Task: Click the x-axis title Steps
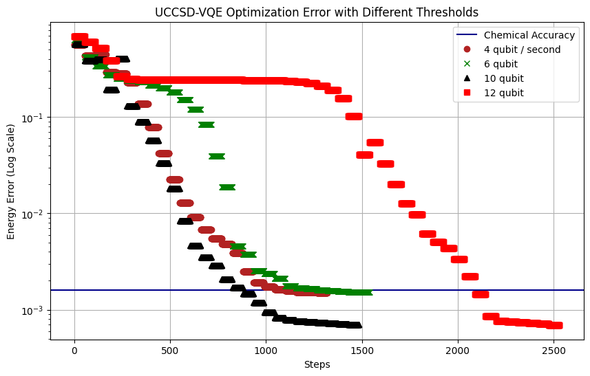coord(317,364)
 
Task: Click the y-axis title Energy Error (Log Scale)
coord(11,181)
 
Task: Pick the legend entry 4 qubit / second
coord(522,49)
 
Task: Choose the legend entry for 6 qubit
coord(503,64)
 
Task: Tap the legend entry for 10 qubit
coord(505,78)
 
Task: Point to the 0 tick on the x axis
coord(74,350)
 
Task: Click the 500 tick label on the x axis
coord(170,350)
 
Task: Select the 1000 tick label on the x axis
coord(266,350)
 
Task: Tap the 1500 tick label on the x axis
coord(361,350)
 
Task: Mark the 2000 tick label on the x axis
coord(457,350)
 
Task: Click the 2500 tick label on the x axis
coord(553,350)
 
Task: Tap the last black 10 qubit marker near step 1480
coord(354,325)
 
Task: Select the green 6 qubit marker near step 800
coord(227,187)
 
